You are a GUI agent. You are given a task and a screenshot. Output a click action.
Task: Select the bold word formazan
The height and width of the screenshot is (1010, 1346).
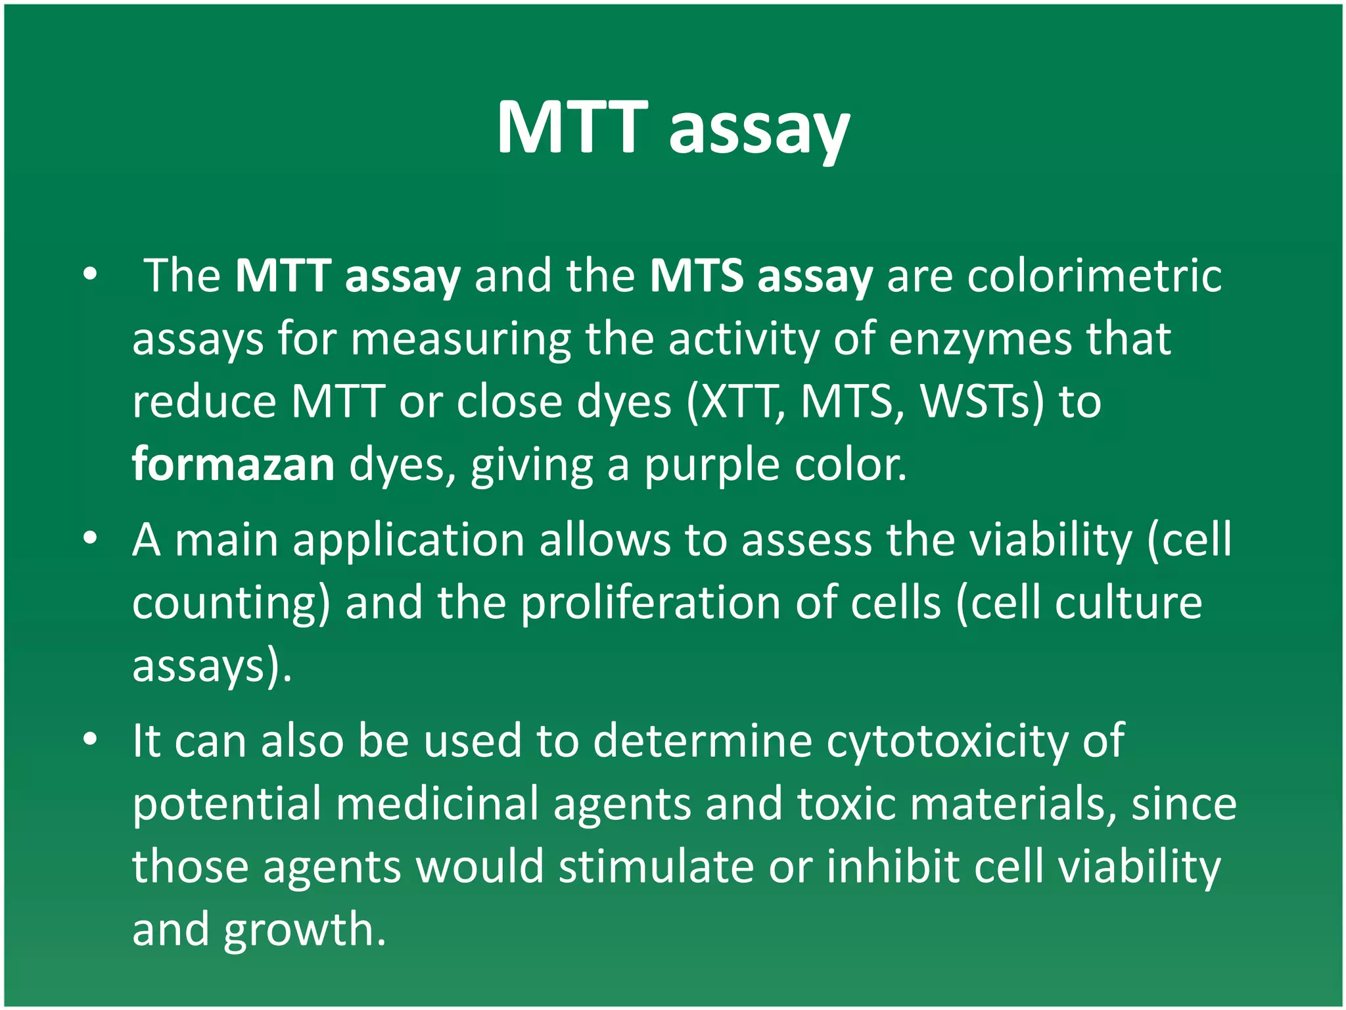point(233,464)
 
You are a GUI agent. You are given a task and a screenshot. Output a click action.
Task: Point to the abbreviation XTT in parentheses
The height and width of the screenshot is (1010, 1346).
point(736,402)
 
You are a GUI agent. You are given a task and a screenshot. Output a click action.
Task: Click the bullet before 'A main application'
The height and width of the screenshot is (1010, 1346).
point(90,539)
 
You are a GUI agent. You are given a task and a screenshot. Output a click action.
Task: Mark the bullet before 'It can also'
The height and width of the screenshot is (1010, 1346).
point(90,740)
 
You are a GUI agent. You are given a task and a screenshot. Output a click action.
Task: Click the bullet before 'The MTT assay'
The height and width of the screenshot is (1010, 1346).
point(90,275)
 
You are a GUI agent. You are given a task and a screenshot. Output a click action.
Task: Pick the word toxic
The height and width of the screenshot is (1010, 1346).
point(847,804)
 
